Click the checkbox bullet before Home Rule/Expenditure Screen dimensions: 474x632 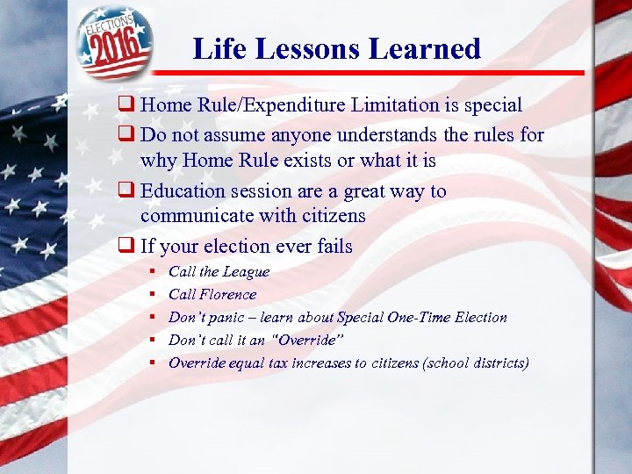click(x=130, y=106)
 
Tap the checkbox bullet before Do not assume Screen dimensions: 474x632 click(x=130, y=136)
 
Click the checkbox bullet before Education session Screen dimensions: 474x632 click(x=130, y=191)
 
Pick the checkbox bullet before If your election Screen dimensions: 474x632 click(x=130, y=248)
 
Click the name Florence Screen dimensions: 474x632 click(x=227, y=295)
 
